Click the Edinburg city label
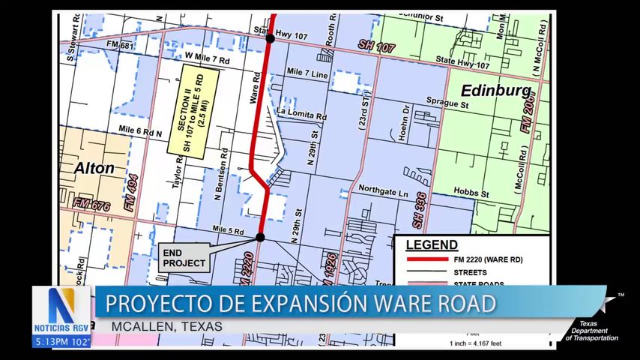tap(489, 90)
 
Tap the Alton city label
tap(94, 168)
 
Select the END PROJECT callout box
tap(184, 259)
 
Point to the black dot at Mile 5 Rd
tap(260, 237)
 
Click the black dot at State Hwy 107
tap(270, 37)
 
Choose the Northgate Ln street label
tap(383, 193)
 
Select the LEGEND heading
tap(432, 244)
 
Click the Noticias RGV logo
tap(61, 311)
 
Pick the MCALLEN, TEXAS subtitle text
tap(167, 326)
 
